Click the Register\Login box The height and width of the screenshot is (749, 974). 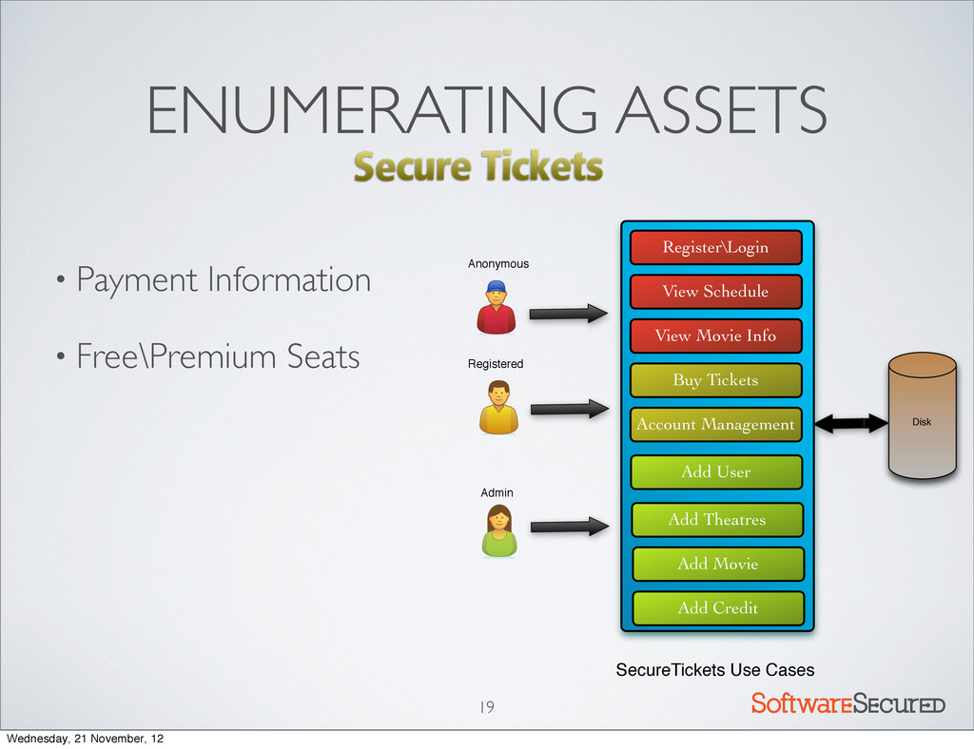tap(716, 248)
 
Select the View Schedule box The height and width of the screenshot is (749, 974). tap(716, 292)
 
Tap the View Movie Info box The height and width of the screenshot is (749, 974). tap(716, 336)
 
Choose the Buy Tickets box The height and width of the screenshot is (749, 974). tap(716, 380)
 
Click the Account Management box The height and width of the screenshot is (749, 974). tap(716, 425)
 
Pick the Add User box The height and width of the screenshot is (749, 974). tap(716, 471)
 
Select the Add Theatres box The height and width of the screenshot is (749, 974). tap(717, 519)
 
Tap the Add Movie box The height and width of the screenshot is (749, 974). tap(718, 564)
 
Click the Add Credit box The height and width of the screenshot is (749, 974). tap(718, 607)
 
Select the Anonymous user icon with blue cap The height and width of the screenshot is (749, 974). tap(496, 306)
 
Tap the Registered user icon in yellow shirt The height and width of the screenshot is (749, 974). tap(498, 408)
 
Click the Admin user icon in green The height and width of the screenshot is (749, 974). tap(498, 530)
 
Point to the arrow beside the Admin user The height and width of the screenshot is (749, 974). tap(569, 525)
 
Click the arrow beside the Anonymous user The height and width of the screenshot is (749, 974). tap(569, 312)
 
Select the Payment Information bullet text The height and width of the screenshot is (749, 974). tap(224, 280)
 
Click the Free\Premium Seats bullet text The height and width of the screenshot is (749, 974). tap(218, 357)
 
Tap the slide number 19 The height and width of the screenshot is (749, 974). tap(486, 706)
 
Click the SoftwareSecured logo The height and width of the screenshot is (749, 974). tap(847, 704)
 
